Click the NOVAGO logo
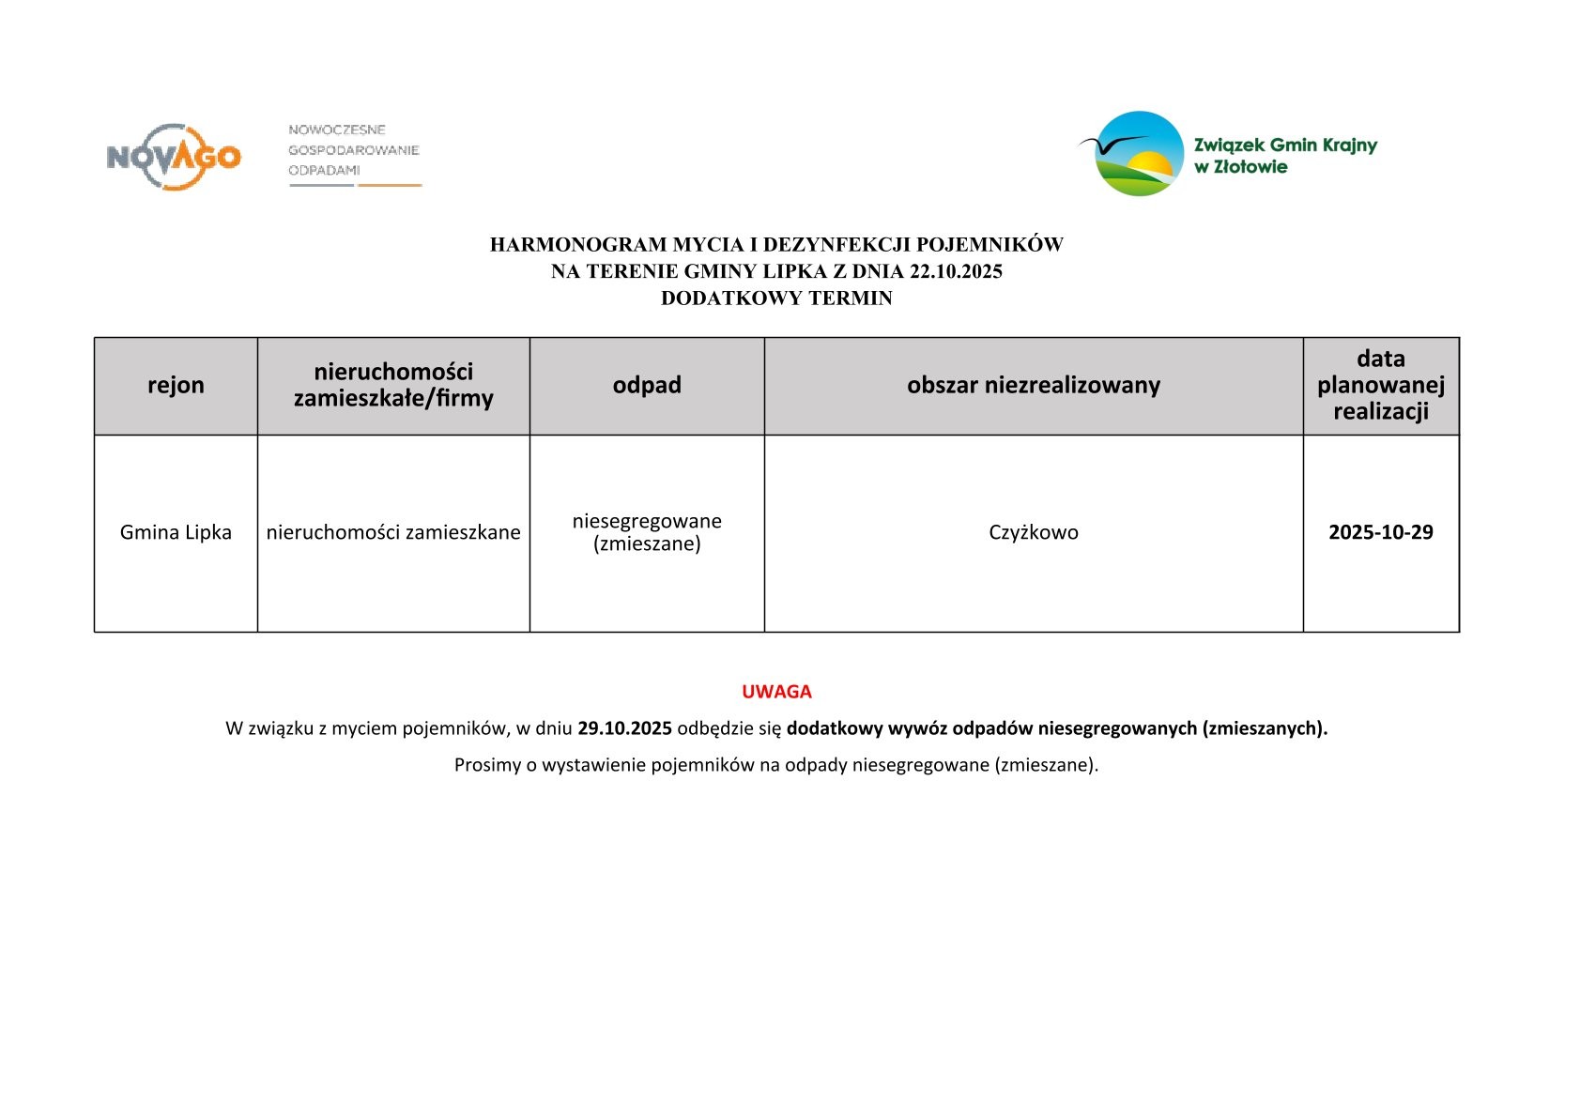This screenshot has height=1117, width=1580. [174, 157]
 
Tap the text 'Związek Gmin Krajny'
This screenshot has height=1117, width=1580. [1284, 145]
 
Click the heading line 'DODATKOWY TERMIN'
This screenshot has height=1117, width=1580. [776, 298]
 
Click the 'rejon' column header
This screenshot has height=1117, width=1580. [176, 386]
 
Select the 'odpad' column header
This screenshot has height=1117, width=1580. [647, 386]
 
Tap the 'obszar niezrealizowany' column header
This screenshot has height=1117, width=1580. [1033, 386]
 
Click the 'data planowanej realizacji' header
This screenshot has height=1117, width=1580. [1380, 386]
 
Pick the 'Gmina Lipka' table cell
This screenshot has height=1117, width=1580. [176, 532]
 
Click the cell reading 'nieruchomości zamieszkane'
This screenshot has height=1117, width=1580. [393, 532]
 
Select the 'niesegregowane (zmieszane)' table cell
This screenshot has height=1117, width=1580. [647, 532]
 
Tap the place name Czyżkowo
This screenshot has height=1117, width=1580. [1033, 532]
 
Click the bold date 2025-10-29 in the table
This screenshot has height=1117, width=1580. [1380, 532]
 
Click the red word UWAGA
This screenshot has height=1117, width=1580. [776, 692]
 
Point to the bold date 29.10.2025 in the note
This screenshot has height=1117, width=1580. [624, 728]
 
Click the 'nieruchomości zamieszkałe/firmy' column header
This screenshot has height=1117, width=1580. [393, 386]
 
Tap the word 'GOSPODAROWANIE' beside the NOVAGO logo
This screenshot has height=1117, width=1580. [353, 150]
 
